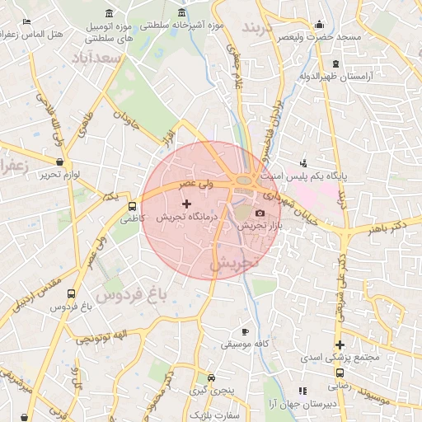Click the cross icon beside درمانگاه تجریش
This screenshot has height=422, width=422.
coord(185,203)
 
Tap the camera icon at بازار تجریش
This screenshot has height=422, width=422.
coord(260,213)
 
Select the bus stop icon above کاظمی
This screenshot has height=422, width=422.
coord(132,205)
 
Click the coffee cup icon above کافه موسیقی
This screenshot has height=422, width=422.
coord(245,331)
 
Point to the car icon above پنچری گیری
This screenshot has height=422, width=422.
coord(212,377)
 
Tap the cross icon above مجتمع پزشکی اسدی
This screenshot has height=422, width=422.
coord(339,345)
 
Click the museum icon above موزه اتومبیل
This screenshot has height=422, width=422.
coord(110,13)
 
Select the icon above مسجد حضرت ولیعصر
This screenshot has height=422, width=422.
coord(319,24)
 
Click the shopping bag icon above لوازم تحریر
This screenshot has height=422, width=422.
coord(59,162)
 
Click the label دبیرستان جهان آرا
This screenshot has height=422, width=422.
coord(302,403)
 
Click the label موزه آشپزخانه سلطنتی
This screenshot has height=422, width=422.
coord(182,26)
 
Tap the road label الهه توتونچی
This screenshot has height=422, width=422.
coord(103,337)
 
